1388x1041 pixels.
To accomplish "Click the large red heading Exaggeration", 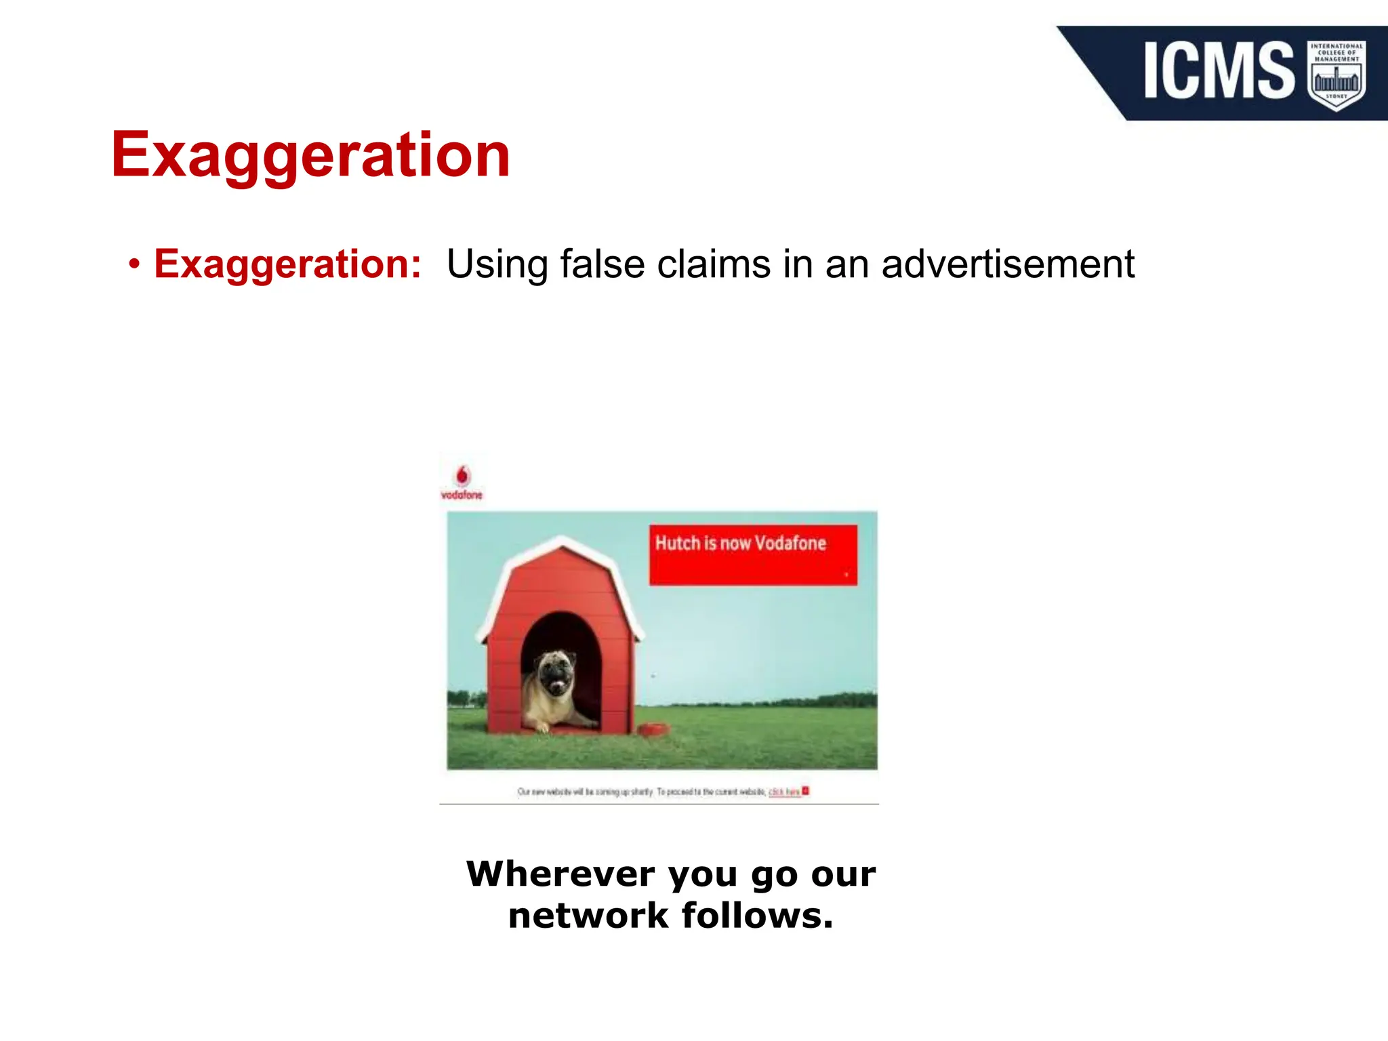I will click(310, 156).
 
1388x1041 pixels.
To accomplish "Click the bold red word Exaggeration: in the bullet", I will click(287, 264).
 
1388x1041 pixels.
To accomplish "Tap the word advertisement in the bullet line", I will click(1008, 264).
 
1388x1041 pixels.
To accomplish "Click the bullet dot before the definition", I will click(134, 264).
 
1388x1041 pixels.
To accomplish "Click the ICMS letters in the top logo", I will click(1219, 70).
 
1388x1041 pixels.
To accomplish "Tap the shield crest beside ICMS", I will click(1336, 74).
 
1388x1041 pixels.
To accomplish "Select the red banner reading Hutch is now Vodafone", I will click(753, 554).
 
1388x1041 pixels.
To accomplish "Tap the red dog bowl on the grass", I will click(653, 730).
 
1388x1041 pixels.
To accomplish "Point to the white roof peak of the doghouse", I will click(562, 542).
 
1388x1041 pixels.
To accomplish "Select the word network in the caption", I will click(588, 916).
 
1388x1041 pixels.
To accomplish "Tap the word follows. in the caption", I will click(757, 916).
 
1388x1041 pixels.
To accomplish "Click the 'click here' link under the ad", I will click(784, 792).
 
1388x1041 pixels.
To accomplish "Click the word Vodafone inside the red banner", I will click(790, 544).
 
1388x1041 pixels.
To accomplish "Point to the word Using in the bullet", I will click(497, 264).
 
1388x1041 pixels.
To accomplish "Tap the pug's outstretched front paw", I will click(542, 729).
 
